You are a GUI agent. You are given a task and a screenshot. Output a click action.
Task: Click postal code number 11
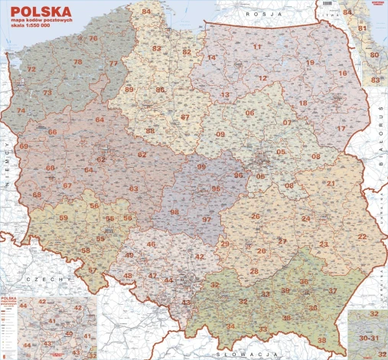tap(257, 47)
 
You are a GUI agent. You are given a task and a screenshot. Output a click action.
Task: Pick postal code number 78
tap(78, 61)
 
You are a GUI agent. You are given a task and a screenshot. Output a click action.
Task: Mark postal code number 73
tap(47, 93)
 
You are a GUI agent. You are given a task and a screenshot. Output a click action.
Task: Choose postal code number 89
tap(129, 90)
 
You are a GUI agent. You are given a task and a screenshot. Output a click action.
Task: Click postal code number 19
tap(310, 62)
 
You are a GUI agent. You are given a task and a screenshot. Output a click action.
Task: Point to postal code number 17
tap(341, 128)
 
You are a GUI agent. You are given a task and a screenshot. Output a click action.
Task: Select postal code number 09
tap(220, 135)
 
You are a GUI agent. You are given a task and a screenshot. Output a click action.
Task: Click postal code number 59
tap(64, 218)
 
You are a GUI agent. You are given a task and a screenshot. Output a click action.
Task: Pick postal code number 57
tap(93, 270)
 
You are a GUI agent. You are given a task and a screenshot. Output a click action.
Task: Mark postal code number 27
tap(282, 241)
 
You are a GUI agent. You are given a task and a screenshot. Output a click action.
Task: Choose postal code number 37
tap(333, 291)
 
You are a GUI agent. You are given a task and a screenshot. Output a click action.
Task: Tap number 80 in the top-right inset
tap(373, 55)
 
